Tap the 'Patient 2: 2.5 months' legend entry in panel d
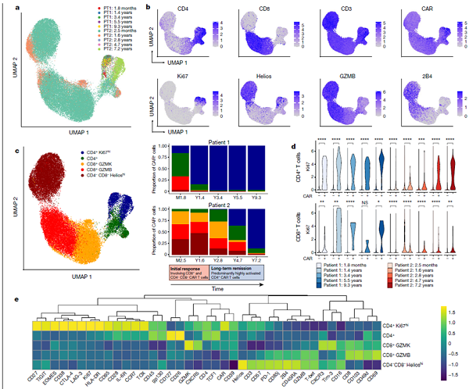click(x=427, y=266)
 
